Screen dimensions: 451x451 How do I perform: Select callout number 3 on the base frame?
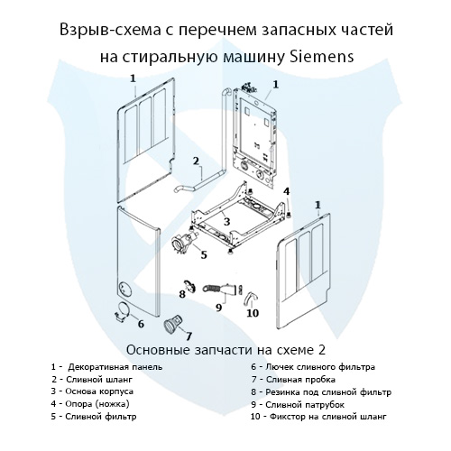[x=227, y=221]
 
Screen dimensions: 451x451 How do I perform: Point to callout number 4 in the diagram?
[x=287, y=191]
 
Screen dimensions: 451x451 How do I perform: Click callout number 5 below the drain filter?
[x=204, y=254]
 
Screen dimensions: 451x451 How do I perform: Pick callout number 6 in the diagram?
[x=140, y=323]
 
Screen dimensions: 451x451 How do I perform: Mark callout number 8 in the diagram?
[x=181, y=293]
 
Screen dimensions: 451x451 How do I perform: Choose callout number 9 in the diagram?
[x=218, y=308]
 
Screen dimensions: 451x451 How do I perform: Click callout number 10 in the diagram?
[x=253, y=313]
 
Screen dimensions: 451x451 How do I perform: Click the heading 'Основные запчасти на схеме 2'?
[x=225, y=347]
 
